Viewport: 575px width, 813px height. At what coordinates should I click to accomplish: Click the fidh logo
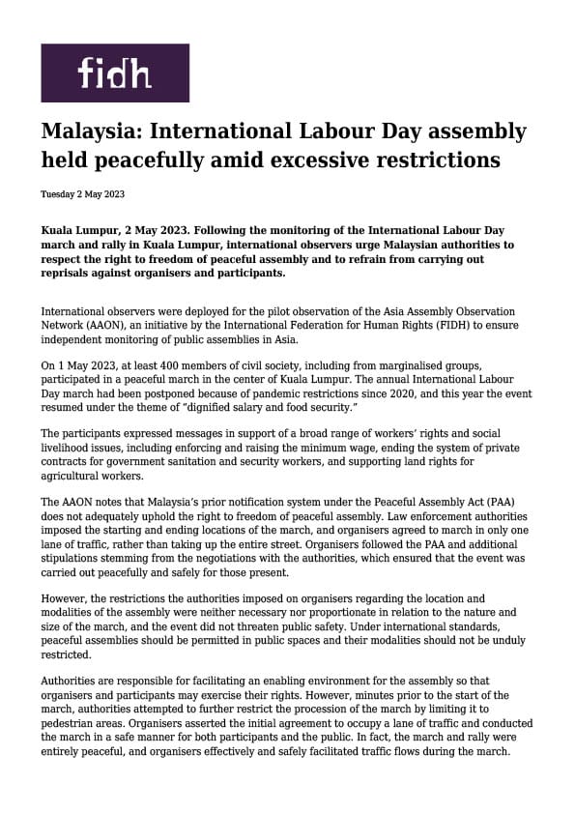click(114, 73)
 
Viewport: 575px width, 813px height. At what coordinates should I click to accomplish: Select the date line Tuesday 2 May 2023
click(82, 194)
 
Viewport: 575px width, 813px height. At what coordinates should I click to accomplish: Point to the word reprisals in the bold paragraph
click(71, 273)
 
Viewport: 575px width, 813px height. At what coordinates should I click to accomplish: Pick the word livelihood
click(71, 448)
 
